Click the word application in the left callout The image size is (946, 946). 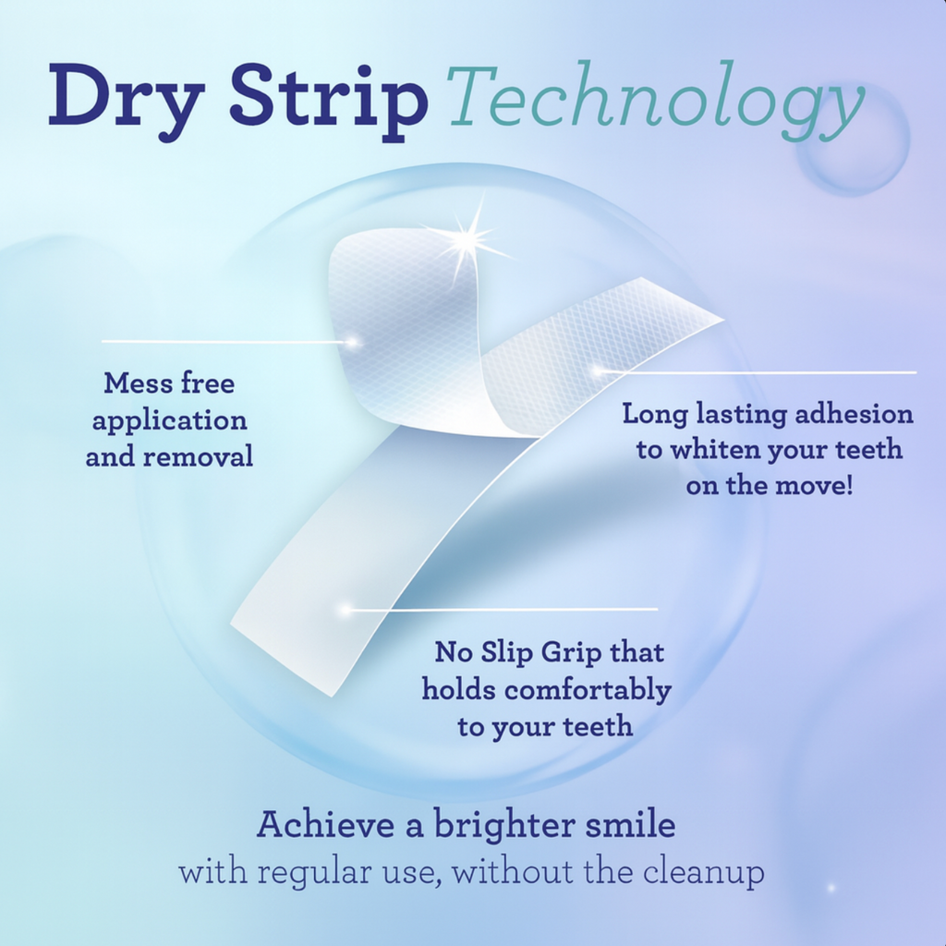pyautogui.click(x=169, y=420)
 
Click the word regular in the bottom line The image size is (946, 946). pyautogui.click(x=309, y=873)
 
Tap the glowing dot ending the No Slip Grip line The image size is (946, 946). pyautogui.click(x=346, y=610)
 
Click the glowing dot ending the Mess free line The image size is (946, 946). pyautogui.click(x=352, y=342)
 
